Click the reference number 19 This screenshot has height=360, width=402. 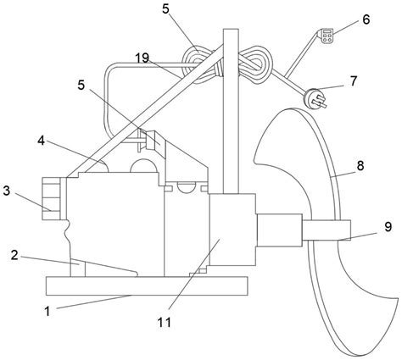tap(142, 58)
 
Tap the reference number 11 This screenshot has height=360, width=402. tap(165, 322)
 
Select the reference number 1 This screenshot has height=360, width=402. tap(47, 312)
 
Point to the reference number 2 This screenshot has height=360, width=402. tap(14, 256)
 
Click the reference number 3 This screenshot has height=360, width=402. tap(7, 191)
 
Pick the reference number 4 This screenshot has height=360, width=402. tap(42, 141)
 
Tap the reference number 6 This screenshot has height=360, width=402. tap(366, 19)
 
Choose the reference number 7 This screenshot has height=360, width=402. tap(354, 81)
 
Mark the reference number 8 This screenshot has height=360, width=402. tap(360, 166)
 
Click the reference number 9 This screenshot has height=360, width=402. tap(388, 226)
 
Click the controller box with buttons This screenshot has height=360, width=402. tap(327, 36)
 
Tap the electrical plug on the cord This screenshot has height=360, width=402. tap(315, 99)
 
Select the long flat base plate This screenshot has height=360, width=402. tap(147, 286)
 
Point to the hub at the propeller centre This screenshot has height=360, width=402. tap(327, 230)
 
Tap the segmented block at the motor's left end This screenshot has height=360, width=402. tap(51, 198)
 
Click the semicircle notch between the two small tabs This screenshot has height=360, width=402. tap(187, 189)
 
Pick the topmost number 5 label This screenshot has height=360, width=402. tap(166, 9)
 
